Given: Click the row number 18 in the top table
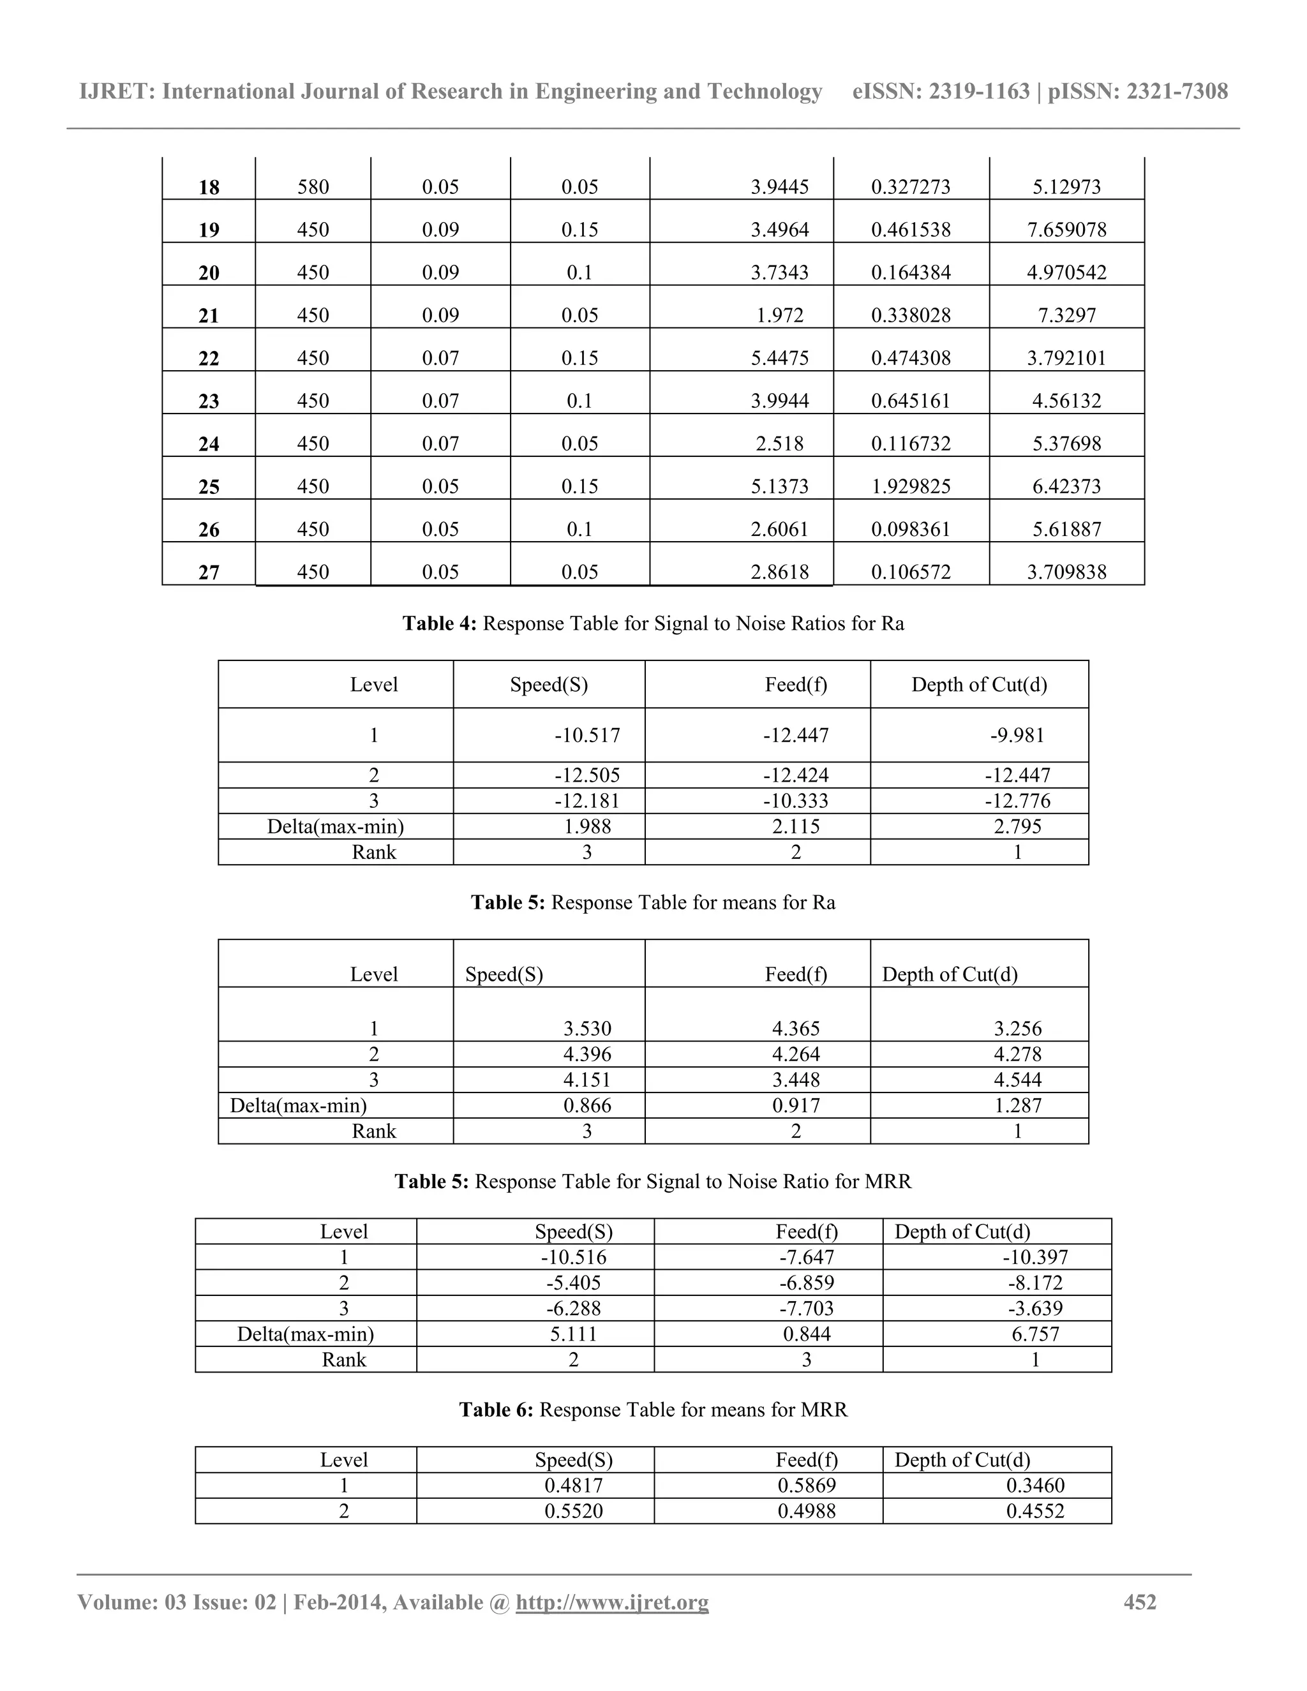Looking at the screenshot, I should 209,188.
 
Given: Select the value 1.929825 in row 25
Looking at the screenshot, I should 911,486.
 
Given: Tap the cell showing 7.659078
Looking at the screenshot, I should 1066,230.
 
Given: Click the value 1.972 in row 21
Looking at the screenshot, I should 780,315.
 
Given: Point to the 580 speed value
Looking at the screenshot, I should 313,188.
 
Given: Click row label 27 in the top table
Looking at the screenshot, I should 209,572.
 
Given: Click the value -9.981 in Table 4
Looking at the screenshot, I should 1017,736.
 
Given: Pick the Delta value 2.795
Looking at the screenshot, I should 1017,826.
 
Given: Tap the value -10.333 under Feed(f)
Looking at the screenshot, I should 795,801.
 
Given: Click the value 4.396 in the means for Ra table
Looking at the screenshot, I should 587,1054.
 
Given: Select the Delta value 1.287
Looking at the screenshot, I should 1017,1105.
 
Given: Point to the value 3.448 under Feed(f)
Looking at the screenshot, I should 795,1079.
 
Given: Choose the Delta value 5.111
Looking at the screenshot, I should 573,1334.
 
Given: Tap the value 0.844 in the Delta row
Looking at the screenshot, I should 806,1334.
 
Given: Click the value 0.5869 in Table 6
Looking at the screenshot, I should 806,1485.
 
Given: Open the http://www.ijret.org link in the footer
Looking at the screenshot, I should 611,1602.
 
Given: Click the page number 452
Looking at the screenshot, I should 1140,1602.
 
